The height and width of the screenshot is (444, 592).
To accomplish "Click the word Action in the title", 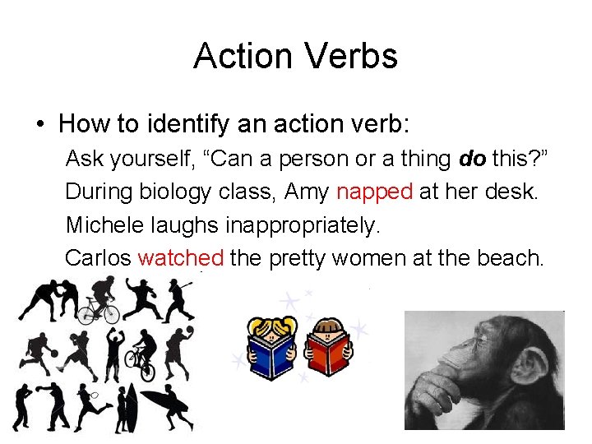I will [x=243, y=56].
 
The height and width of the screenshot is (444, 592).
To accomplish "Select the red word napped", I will [x=374, y=192].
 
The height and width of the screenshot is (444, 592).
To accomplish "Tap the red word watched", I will [x=181, y=257].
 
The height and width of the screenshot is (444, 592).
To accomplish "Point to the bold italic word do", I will [x=472, y=158].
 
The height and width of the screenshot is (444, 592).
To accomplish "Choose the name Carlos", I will [x=98, y=257].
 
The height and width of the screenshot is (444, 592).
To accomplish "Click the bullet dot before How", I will [x=39, y=125].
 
